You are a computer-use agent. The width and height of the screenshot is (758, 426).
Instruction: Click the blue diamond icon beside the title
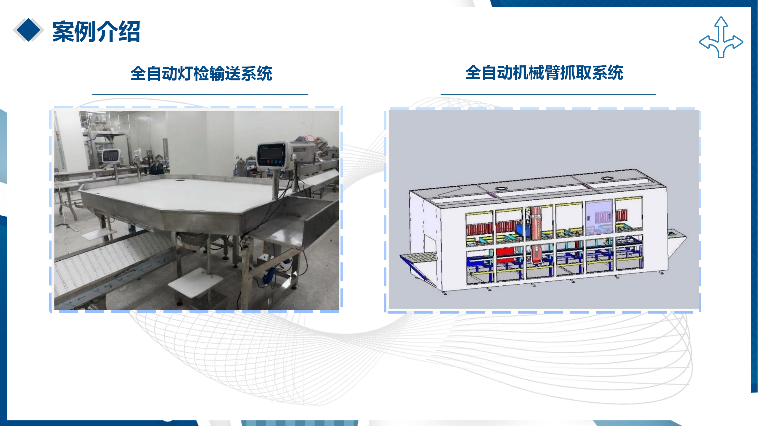28,30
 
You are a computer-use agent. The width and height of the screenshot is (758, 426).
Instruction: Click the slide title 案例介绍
96,31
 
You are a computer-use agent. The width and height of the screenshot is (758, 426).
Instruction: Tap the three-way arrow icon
721,37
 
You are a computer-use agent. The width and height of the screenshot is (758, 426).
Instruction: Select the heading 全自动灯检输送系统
201,73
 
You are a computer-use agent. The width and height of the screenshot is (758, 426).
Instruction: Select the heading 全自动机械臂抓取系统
544,72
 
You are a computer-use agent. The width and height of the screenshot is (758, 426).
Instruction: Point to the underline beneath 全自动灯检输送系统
200,94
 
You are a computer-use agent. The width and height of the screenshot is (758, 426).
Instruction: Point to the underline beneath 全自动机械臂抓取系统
548,94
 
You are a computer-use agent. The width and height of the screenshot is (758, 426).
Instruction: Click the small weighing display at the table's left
112,156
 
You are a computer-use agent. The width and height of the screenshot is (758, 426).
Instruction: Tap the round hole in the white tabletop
179,180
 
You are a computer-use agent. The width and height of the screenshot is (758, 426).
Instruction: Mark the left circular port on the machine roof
500,188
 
